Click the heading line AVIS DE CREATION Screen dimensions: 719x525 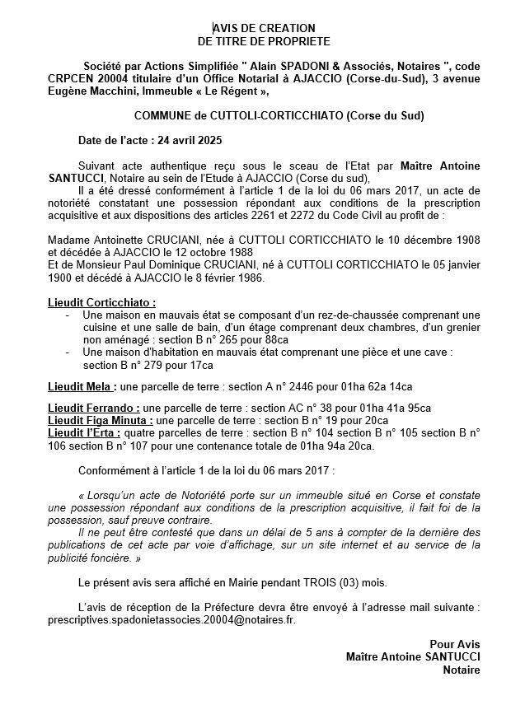tap(263, 28)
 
